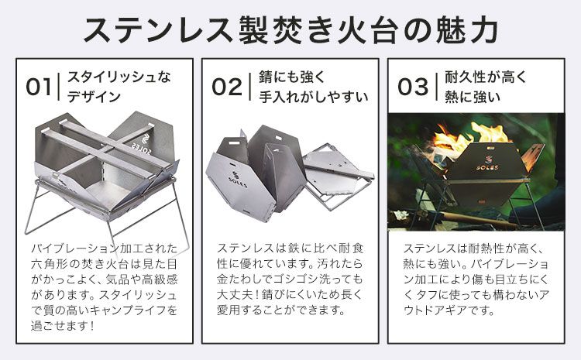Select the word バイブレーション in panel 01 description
[x=81, y=249]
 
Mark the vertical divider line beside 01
[x=60, y=87]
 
